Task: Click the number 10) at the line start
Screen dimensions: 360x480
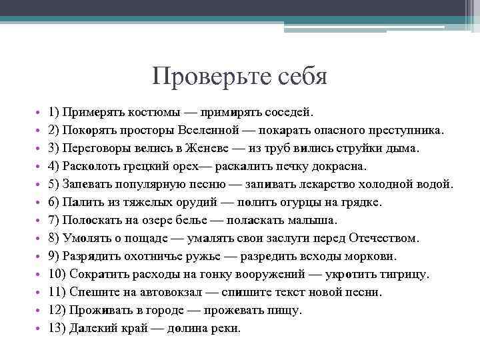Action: coord(58,274)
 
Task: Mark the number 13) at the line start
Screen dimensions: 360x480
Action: coord(58,328)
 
